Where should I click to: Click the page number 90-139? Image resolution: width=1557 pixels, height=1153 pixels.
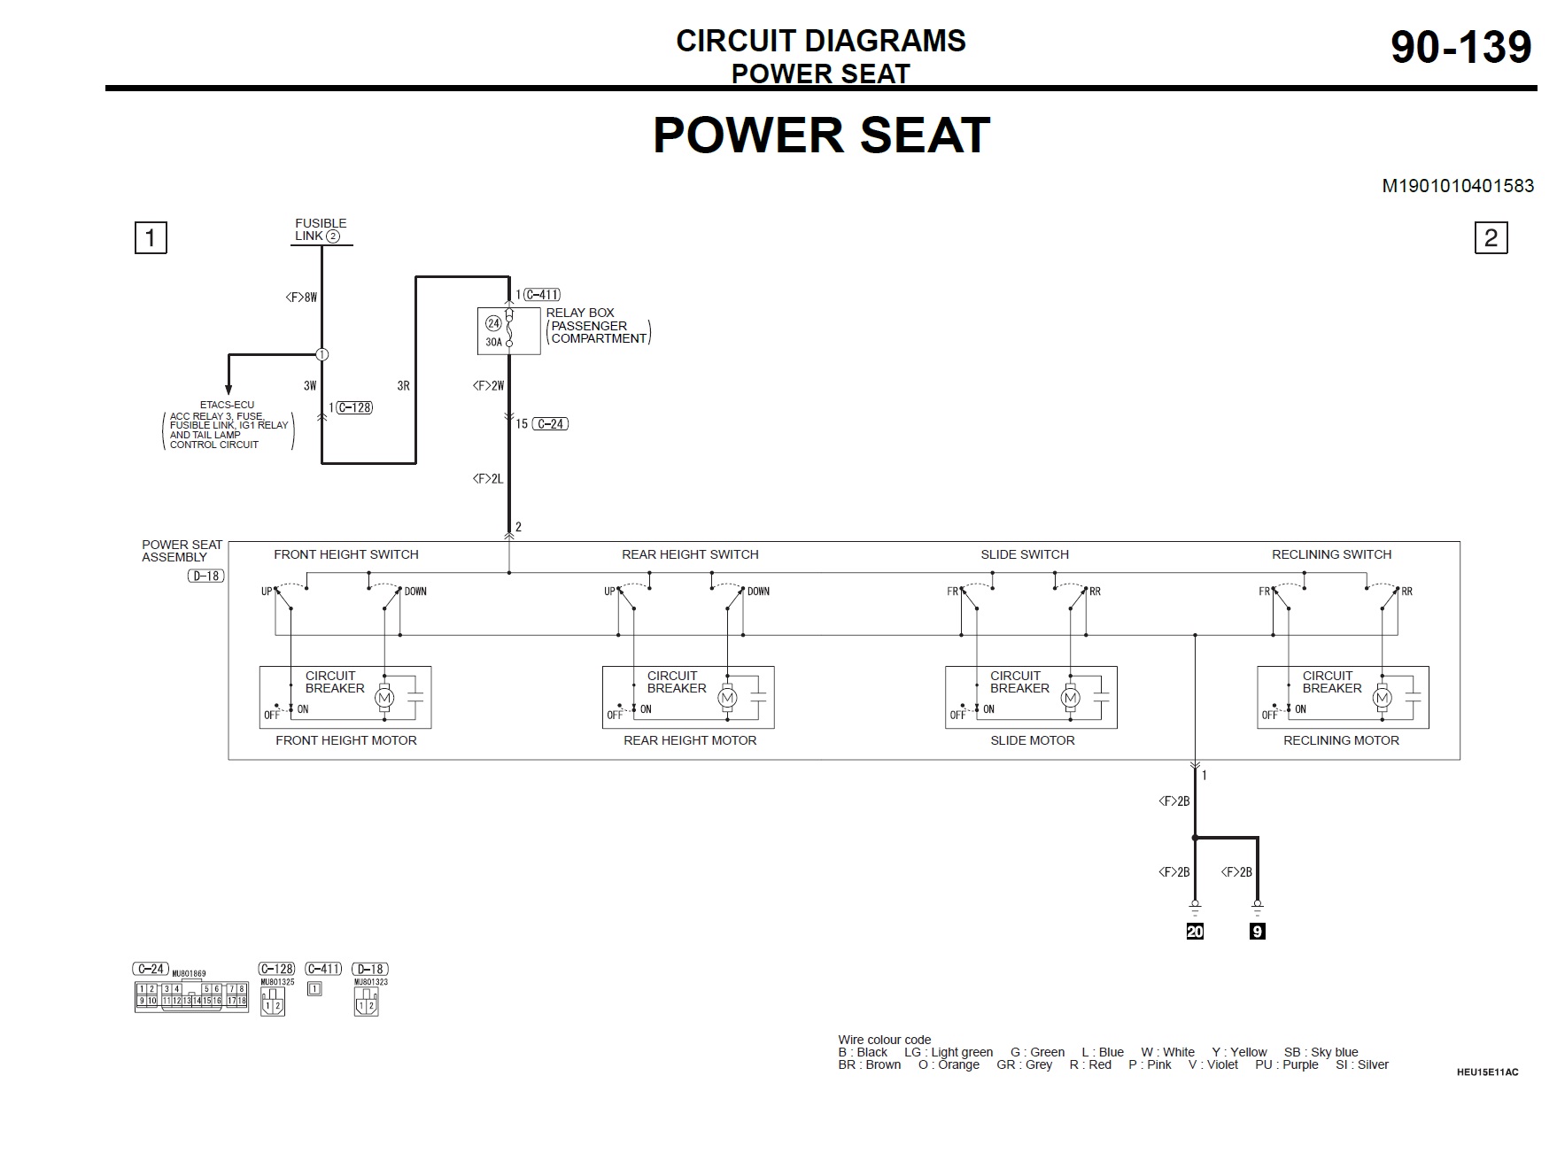pyautogui.click(x=1460, y=47)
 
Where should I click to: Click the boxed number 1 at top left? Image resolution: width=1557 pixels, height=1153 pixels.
pyautogui.click(x=151, y=237)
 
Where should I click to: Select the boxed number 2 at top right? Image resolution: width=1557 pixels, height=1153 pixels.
pyautogui.click(x=1491, y=237)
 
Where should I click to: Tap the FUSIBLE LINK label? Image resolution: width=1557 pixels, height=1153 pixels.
pyautogui.click(x=320, y=229)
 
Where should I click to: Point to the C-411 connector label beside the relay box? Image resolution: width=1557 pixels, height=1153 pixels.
pyautogui.click(x=541, y=295)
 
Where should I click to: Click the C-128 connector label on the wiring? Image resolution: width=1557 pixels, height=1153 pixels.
pyautogui.click(x=354, y=407)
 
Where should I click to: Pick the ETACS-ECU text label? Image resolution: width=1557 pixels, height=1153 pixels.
pyautogui.click(x=227, y=405)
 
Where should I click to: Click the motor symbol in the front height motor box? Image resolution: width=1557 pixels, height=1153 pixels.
pyautogui.click(x=384, y=699)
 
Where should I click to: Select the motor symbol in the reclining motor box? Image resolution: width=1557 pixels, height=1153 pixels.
pyautogui.click(x=1383, y=699)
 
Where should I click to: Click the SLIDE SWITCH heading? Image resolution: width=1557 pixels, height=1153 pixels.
pyautogui.click(x=1024, y=554)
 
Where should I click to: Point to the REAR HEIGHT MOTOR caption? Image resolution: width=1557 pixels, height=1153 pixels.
pyautogui.click(x=690, y=740)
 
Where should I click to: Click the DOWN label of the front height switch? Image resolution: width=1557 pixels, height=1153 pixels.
pyautogui.click(x=415, y=592)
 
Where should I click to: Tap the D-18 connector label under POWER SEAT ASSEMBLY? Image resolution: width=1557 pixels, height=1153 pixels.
pyautogui.click(x=205, y=576)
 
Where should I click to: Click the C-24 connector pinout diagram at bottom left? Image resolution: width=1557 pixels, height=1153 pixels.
pyautogui.click(x=191, y=995)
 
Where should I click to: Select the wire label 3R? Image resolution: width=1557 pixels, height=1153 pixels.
pyautogui.click(x=403, y=386)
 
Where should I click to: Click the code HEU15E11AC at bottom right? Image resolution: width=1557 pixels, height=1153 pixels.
pyautogui.click(x=1487, y=1072)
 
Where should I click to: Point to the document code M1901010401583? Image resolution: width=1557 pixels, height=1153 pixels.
pyautogui.click(x=1458, y=186)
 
